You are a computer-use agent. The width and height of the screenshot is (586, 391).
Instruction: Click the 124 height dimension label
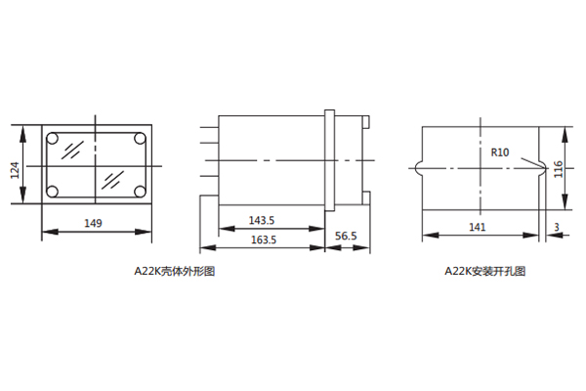point(15,170)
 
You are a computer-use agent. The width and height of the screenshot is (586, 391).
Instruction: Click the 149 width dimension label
point(93,224)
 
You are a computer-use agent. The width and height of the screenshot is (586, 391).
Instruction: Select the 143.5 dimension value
point(262,220)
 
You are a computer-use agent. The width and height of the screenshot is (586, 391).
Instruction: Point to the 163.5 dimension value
point(264,239)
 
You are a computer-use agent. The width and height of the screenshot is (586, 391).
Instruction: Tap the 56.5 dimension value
point(346,237)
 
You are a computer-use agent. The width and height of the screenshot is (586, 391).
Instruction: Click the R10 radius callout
point(500,152)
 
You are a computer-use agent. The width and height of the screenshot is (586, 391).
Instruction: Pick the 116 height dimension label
point(558,169)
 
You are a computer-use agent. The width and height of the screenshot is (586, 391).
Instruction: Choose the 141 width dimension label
point(478,227)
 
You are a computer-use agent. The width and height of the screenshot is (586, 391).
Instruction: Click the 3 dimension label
point(557,227)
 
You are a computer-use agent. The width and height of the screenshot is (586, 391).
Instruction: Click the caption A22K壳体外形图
point(175,271)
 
